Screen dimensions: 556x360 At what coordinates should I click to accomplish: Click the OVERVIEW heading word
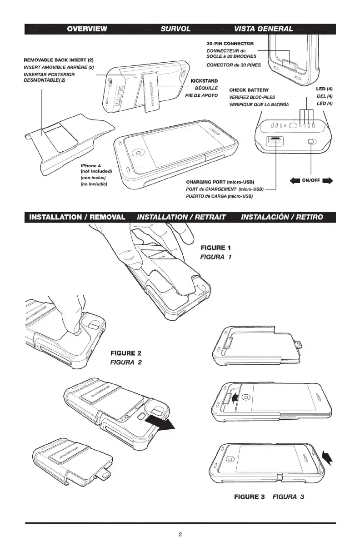click(x=87, y=29)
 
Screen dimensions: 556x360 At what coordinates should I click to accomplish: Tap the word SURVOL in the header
click(x=175, y=29)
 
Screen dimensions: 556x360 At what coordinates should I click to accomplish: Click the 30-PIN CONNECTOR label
click(x=230, y=43)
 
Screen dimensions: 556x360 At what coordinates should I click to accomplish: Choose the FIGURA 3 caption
click(x=288, y=496)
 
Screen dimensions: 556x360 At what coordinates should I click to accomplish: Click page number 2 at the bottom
click(x=180, y=534)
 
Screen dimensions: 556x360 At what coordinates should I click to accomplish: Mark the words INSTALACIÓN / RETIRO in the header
click(x=282, y=217)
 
